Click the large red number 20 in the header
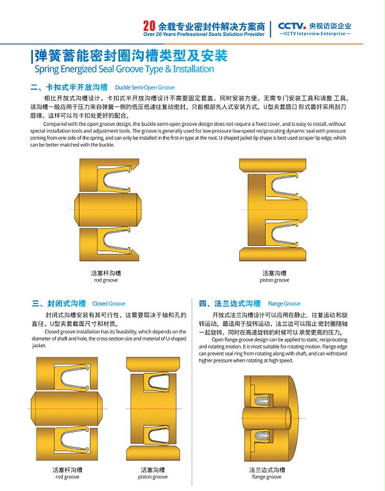tap(149, 26)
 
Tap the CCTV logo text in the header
tap(294, 26)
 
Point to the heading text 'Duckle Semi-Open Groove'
tap(144, 86)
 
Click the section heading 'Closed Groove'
tap(108, 303)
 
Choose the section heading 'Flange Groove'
tap(284, 303)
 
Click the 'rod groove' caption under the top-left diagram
tap(106, 280)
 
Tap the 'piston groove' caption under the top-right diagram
tap(275, 280)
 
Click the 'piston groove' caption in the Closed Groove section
tap(153, 477)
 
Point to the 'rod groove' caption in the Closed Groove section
tap(67, 477)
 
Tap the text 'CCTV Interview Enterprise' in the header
tap(319, 35)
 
